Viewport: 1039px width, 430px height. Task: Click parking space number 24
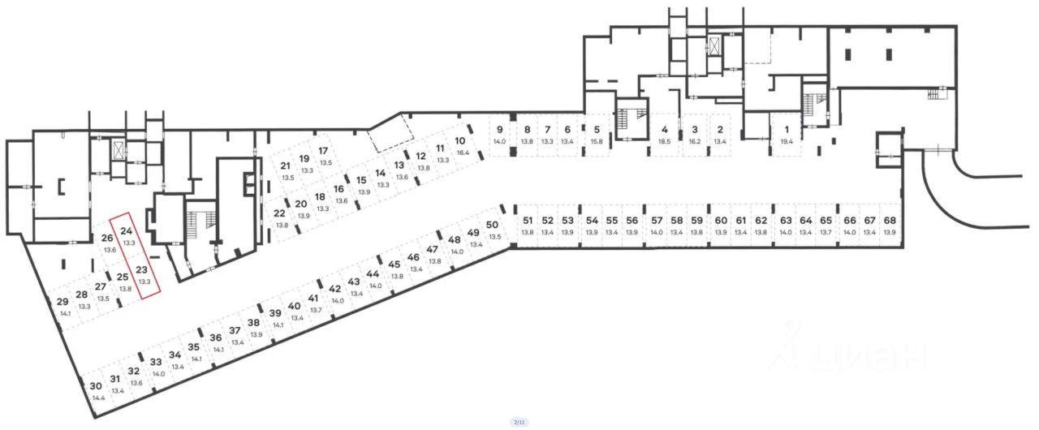(x=126, y=232)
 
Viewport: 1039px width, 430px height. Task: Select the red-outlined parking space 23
(x=141, y=270)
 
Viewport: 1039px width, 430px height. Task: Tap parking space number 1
(x=786, y=130)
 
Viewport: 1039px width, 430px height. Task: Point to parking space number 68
(x=890, y=221)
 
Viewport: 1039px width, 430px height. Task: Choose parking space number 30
(x=96, y=387)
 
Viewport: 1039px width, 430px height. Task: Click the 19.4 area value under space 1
(x=786, y=141)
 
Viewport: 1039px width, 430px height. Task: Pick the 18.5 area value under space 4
(x=665, y=141)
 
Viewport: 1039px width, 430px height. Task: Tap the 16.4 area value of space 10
(x=463, y=152)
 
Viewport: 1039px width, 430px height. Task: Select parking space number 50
(x=492, y=225)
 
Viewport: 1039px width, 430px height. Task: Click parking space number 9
(x=499, y=130)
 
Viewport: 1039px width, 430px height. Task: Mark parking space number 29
(x=63, y=303)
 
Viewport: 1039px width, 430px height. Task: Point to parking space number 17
(x=323, y=151)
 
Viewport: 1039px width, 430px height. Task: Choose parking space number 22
(x=280, y=213)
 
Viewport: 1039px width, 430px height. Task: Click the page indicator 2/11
(x=519, y=423)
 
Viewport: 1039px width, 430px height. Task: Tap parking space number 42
(x=335, y=289)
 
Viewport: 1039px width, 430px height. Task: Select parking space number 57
(x=657, y=221)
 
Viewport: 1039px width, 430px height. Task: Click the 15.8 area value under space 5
(x=597, y=141)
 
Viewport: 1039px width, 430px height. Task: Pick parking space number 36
(x=216, y=338)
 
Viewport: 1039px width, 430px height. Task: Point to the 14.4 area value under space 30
(x=99, y=398)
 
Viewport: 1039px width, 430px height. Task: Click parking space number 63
(x=786, y=221)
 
